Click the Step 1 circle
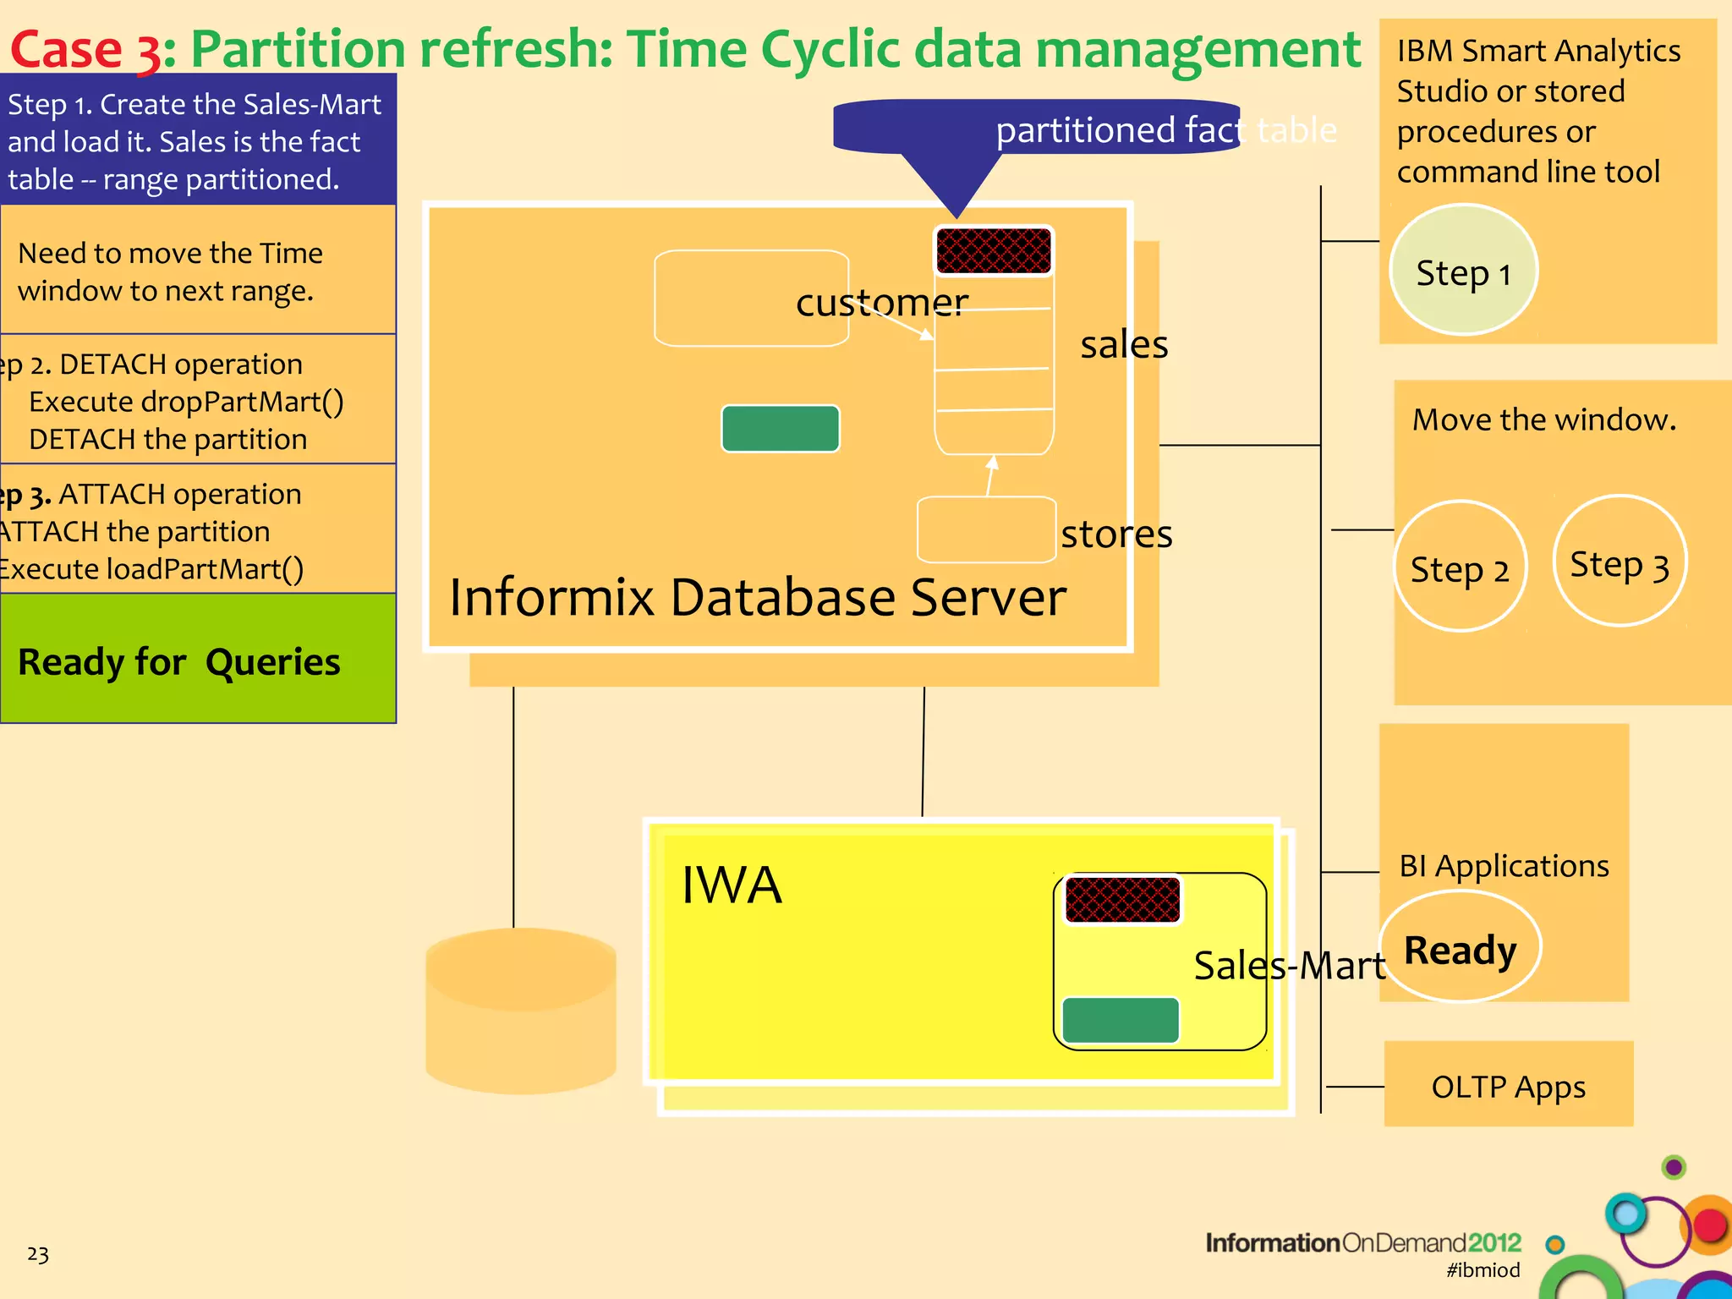pyautogui.click(x=1463, y=271)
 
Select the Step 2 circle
pyautogui.click(x=1460, y=567)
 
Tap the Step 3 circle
pyautogui.click(x=1619, y=562)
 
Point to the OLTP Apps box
pyautogui.click(x=1508, y=1084)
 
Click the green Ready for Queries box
pyautogui.click(x=197, y=659)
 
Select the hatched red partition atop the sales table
pyautogui.click(x=994, y=250)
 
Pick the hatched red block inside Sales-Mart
pyautogui.click(x=1121, y=899)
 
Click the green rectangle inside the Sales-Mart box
pyautogui.click(x=1120, y=1020)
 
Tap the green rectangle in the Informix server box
pyautogui.click(x=780, y=428)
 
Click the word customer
pyautogui.click(x=881, y=302)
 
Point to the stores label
pyautogui.click(x=1116, y=534)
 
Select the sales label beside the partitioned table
pyautogui.click(x=1124, y=344)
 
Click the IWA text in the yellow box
pyautogui.click(x=732, y=885)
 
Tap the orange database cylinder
pyautogui.click(x=521, y=1011)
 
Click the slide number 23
pyautogui.click(x=38, y=1253)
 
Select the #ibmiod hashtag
pyautogui.click(x=1483, y=1269)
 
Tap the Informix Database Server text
pyautogui.click(x=757, y=597)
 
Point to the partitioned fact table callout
pyautogui.click(x=1037, y=129)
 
